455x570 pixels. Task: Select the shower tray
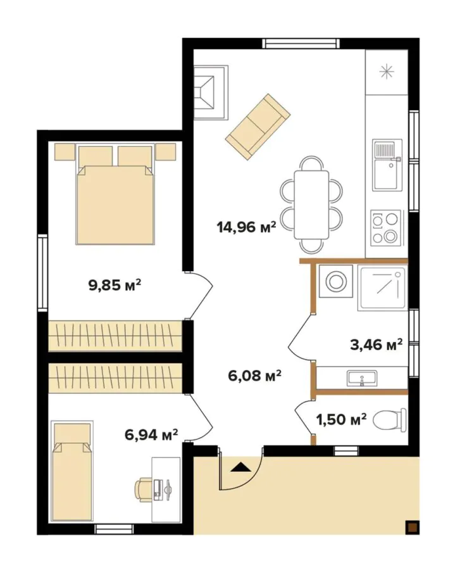tap(381, 288)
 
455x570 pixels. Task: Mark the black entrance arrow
tap(241, 468)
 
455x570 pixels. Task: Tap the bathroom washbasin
tap(361, 379)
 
